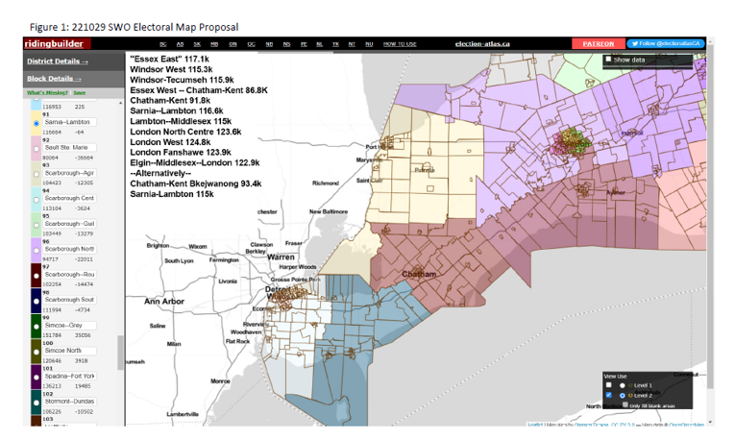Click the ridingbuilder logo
point(57,44)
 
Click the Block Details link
point(54,78)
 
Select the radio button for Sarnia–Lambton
point(36,123)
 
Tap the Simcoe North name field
point(69,352)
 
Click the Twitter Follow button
point(666,44)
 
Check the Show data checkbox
point(608,60)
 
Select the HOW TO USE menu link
point(400,44)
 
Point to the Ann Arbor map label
point(163,302)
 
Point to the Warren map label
point(281,257)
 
